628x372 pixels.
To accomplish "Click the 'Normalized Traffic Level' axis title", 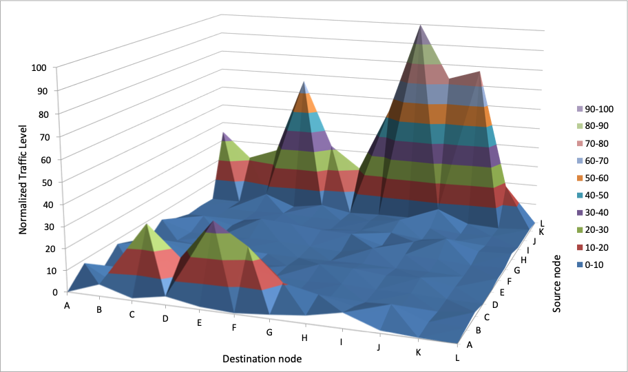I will click(x=23, y=180).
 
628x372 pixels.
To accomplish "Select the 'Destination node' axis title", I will click(x=262, y=359).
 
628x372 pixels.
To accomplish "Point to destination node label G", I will click(x=269, y=332).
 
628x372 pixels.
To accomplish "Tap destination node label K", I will click(x=418, y=351).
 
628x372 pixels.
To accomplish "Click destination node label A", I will click(x=67, y=304).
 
